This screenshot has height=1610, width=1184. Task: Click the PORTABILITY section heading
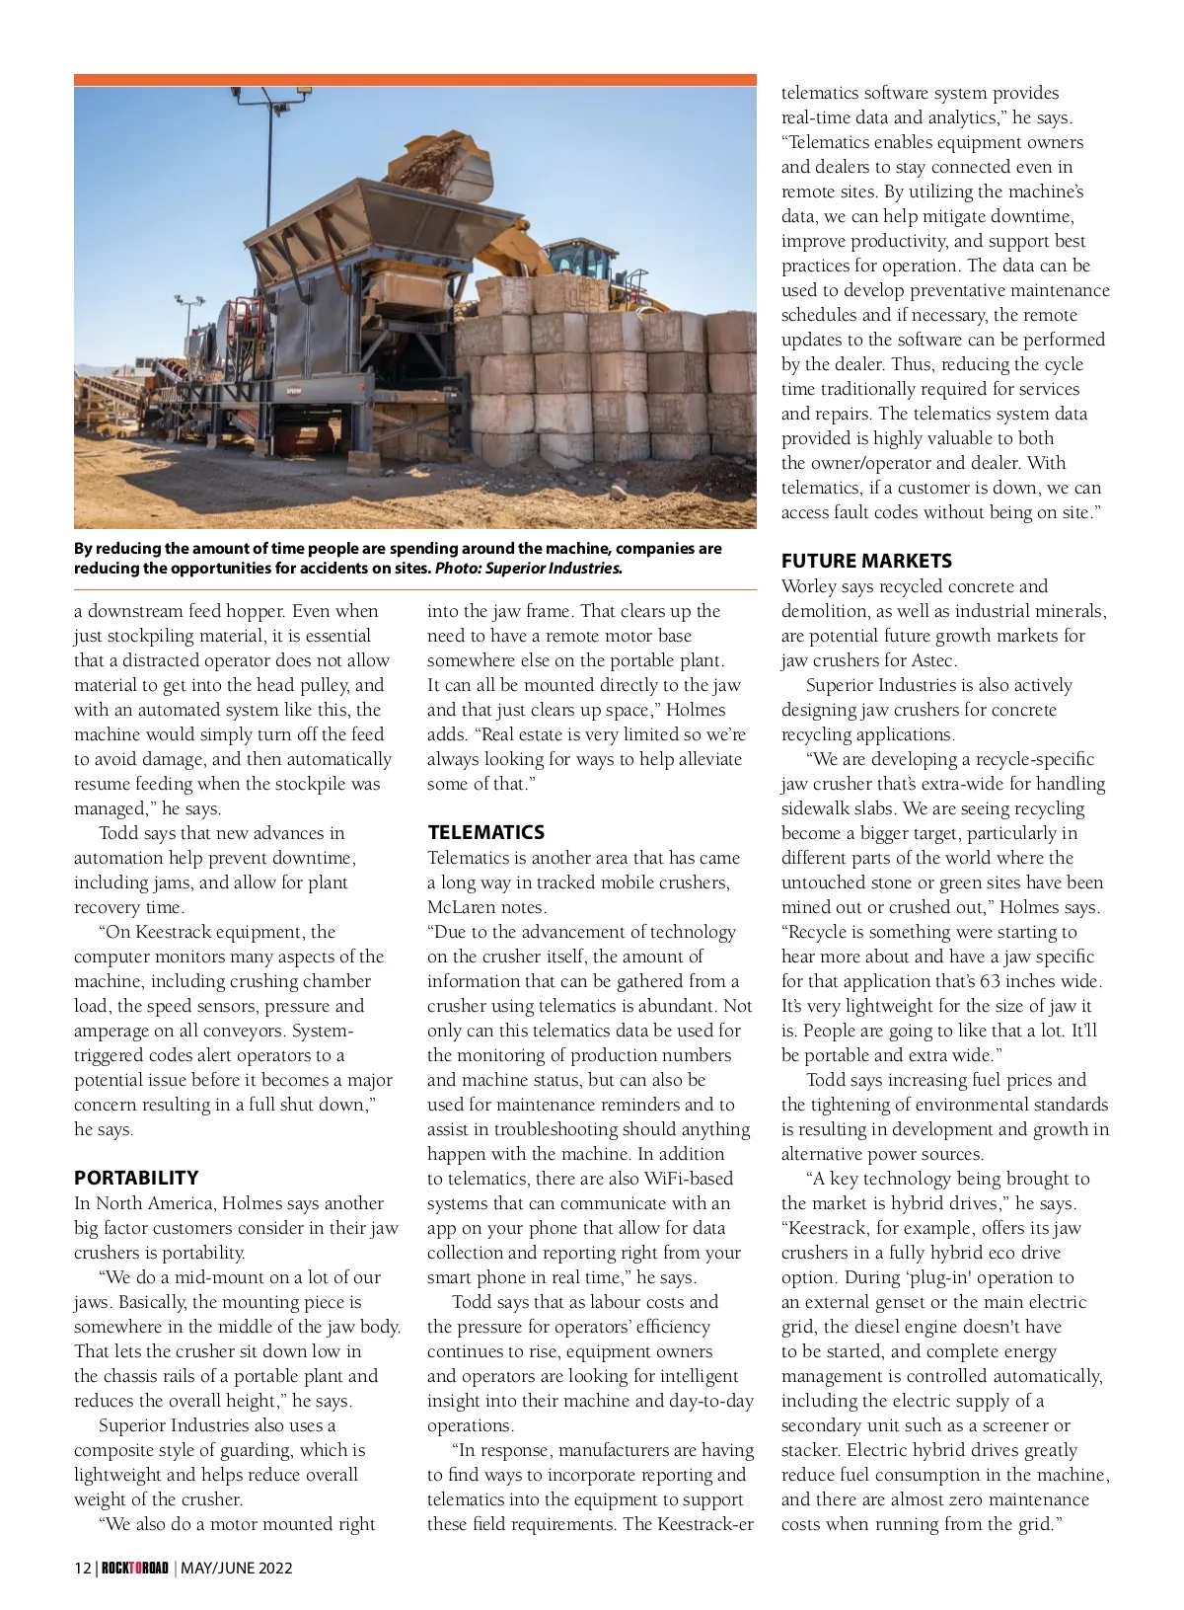(136, 1178)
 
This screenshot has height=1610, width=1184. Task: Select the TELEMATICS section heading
(485, 832)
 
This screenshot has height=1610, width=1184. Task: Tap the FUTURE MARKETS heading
(866, 561)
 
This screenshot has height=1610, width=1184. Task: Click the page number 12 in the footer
(82, 1568)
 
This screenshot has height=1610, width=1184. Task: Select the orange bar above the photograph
(414, 79)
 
